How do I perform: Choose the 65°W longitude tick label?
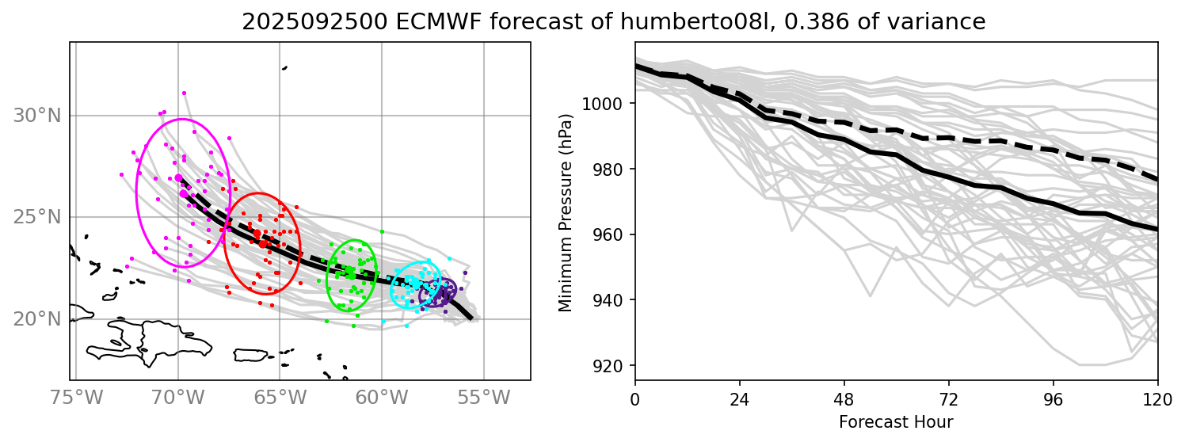tap(280, 397)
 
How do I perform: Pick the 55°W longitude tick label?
tap(483, 397)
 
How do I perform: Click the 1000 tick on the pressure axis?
tap(604, 104)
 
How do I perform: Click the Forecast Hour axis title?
tap(896, 421)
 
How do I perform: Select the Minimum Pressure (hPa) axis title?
tap(565, 212)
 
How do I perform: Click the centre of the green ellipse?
tap(351, 275)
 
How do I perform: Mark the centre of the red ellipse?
tap(261, 243)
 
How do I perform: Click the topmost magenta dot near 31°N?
tap(184, 93)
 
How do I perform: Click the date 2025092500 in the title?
tap(307, 22)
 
